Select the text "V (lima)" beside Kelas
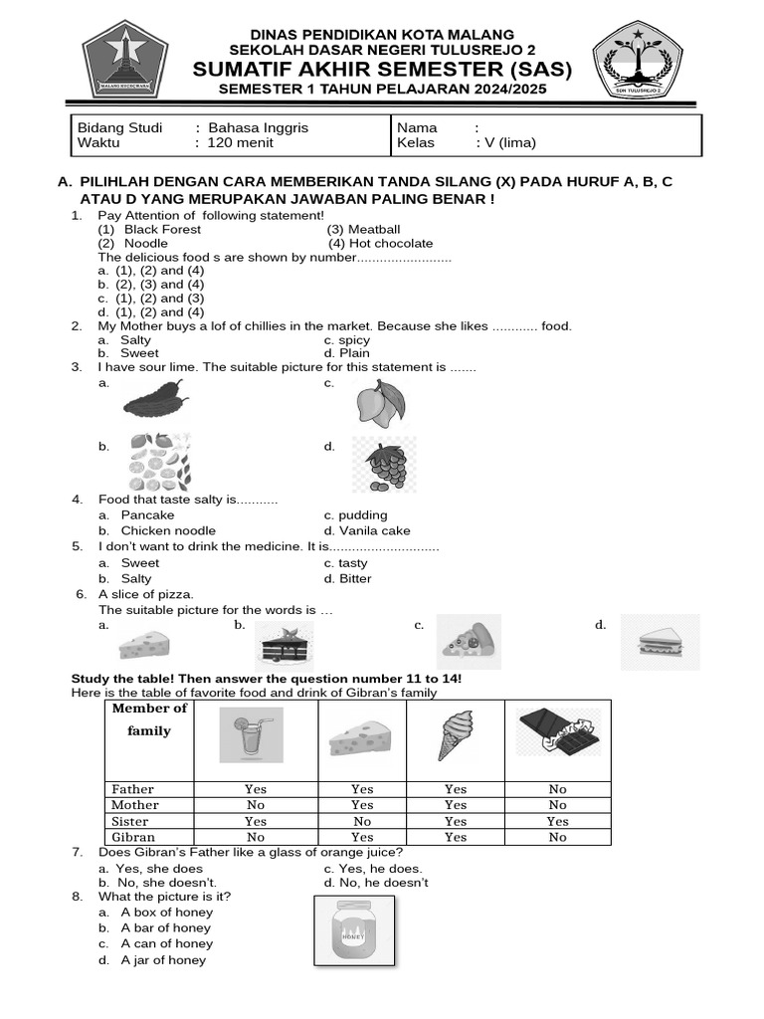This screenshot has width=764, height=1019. tap(509, 142)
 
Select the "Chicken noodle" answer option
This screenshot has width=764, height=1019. tap(168, 530)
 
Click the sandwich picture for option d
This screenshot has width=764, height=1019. tap(660, 642)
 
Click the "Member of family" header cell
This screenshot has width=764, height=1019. tap(149, 719)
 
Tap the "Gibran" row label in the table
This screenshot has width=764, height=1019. tap(132, 837)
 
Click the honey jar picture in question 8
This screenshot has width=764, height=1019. tap(354, 931)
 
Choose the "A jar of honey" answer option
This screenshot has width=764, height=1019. tap(163, 960)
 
